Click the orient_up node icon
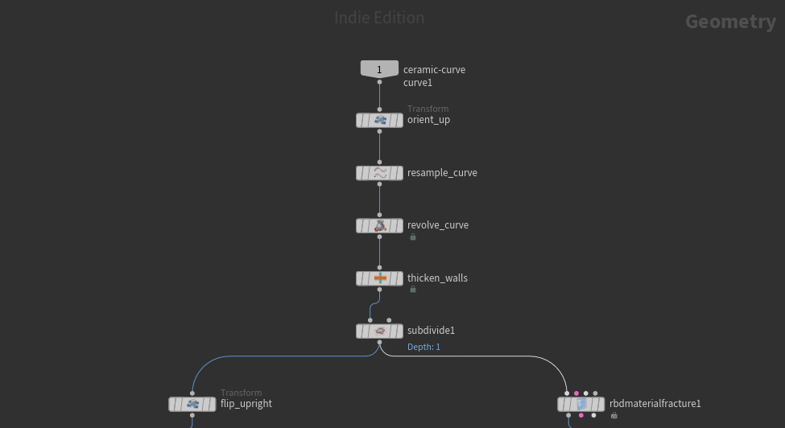pos(379,121)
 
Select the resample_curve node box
pos(379,173)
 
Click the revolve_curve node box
pos(379,226)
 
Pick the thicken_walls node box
pos(379,278)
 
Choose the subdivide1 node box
pos(379,331)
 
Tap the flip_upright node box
pos(192,404)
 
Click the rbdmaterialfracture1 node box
pos(580,404)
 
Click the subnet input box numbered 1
pos(379,70)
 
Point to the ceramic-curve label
pos(434,70)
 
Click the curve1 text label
pos(418,83)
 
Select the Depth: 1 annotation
pos(423,347)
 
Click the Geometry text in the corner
pos(730,22)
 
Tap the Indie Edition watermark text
pos(379,18)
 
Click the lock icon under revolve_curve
pos(413,237)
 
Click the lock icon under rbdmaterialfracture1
pos(614,416)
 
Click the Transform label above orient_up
pos(428,109)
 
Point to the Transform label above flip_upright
pos(241,393)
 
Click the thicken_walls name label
pos(437,278)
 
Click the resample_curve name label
pos(442,173)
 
